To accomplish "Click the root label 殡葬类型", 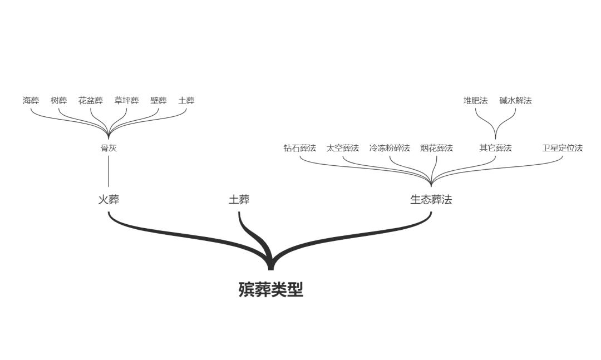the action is pos(270,289).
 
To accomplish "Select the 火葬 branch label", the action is pos(109,199).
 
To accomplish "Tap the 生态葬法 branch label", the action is pos(431,199).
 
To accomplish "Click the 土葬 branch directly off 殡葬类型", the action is pos(239,199).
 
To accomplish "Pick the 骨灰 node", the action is pos(109,148).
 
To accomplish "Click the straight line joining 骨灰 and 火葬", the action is pos(109,171).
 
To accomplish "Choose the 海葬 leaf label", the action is pos(31,101).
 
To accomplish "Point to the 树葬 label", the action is pos(58,101).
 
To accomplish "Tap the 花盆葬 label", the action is pos(91,101).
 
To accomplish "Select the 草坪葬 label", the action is pos(126,101).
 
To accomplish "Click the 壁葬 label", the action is pos(158,101).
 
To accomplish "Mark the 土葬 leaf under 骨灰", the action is pos(186,101).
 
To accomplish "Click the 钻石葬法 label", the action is pos(300,148).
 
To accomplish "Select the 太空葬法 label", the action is pos(343,148).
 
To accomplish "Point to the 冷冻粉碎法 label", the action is pos(390,148).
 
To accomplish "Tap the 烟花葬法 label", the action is pos(437,148).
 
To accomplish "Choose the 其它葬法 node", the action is pos(496,148).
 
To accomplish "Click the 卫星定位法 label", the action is pos(562,148).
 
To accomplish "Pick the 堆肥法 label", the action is pos(476,101).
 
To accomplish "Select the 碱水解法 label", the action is pos(515,101).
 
